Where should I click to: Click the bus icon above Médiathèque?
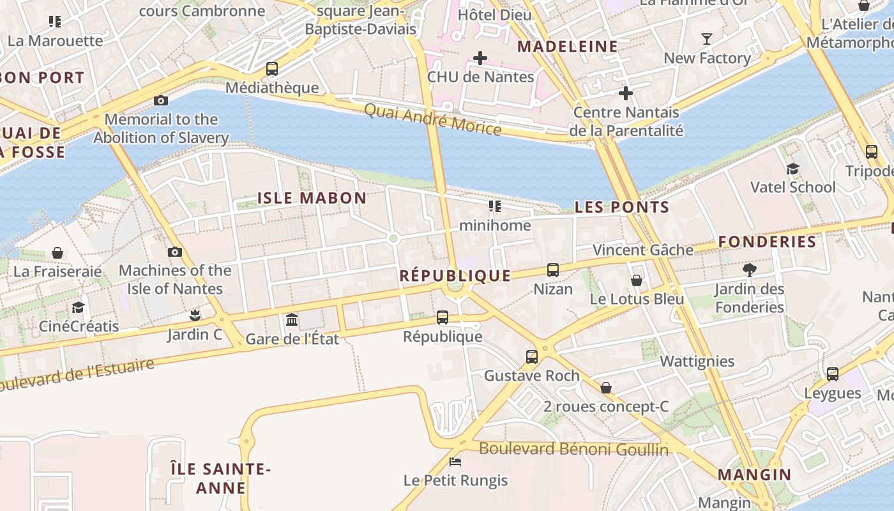(x=272, y=68)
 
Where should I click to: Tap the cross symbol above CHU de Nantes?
(x=480, y=58)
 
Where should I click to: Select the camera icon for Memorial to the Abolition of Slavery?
(x=161, y=100)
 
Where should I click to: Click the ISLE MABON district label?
(x=312, y=198)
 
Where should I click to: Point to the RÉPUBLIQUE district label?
(x=455, y=276)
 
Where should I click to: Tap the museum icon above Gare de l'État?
(x=292, y=319)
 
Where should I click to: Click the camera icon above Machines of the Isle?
(x=175, y=252)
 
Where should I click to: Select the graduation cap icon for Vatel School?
(x=792, y=169)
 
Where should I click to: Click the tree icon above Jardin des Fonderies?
(x=750, y=270)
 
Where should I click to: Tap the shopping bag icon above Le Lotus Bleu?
(x=637, y=280)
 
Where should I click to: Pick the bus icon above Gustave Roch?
(x=532, y=357)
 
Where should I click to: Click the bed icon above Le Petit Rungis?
(x=455, y=461)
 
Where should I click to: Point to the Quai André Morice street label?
(x=432, y=119)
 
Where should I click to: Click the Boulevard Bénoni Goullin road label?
(x=573, y=449)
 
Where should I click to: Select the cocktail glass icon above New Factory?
(x=706, y=39)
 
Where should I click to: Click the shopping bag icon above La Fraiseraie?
(x=57, y=253)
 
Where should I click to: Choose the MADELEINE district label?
(x=567, y=47)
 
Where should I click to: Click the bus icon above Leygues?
(x=833, y=374)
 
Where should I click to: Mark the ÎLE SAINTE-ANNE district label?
(x=221, y=478)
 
